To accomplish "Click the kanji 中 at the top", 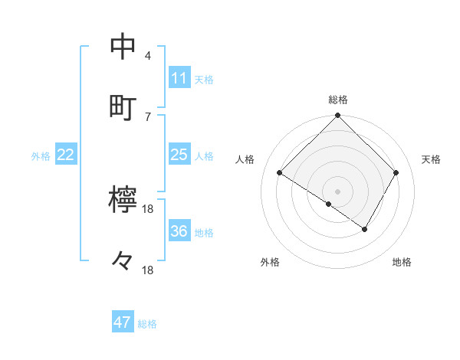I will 123,47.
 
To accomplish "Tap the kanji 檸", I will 123,201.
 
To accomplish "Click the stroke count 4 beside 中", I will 148,55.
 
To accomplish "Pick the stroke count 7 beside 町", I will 148,116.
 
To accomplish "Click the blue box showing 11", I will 179,78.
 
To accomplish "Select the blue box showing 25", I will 179,155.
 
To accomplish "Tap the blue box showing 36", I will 179,231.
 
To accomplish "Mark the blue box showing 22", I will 66,155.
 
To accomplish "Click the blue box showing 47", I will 123,322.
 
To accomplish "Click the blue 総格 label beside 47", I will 147,324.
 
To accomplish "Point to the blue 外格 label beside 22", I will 41,156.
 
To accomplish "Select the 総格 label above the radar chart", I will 338,100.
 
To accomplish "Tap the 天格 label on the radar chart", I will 431,159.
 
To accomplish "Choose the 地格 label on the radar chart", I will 402,262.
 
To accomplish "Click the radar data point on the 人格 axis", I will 280,173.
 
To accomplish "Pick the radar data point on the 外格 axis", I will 329,204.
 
